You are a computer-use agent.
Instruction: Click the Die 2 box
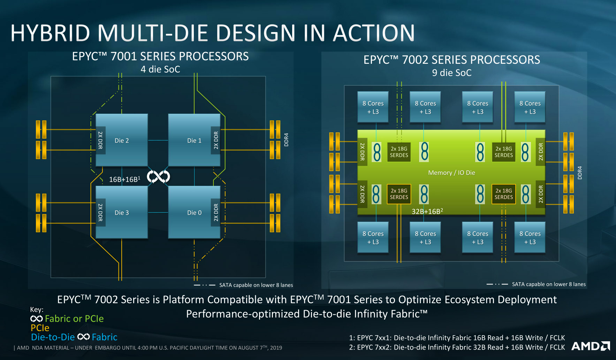(x=122, y=140)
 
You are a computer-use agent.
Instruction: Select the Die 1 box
(x=194, y=140)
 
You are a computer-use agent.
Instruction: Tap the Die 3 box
(x=122, y=212)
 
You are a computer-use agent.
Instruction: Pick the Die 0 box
(x=194, y=212)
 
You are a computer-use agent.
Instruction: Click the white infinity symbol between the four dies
(x=158, y=177)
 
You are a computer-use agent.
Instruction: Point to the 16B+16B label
(x=124, y=179)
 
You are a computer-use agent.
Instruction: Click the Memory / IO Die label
(x=451, y=173)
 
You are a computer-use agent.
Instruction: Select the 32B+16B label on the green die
(x=427, y=211)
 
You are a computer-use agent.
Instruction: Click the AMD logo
(x=591, y=346)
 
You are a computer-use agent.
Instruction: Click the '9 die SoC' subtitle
(x=451, y=73)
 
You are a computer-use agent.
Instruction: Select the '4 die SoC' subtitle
(x=160, y=69)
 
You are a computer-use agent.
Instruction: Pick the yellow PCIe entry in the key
(x=40, y=328)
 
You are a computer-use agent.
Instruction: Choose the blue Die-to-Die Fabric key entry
(x=74, y=337)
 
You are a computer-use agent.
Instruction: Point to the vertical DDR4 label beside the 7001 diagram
(x=286, y=139)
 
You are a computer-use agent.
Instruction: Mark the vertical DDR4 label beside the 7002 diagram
(x=580, y=173)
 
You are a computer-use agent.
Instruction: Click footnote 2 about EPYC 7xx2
(x=457, y=347)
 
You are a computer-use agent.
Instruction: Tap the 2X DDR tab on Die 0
(x=216, y=212)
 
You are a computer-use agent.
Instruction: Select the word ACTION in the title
(x=374, y=33)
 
